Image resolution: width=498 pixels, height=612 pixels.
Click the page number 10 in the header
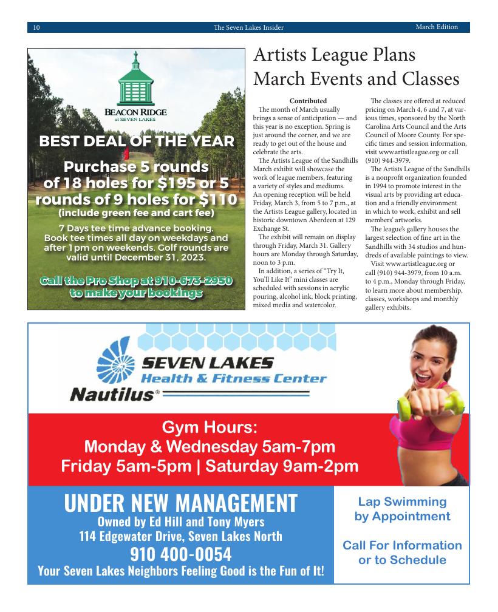pyautogui.click(x=36, y=27)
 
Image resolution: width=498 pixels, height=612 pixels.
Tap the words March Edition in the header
pyautogui.click(x=436, y=27)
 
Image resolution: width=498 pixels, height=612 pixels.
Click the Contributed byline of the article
pyautogui.click(x=308, y=101)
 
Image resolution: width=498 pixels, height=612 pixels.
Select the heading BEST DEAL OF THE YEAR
pyautogui.click(x=136, y=141)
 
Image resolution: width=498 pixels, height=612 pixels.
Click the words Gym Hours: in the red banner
pyautogui.click(x=210, y=427)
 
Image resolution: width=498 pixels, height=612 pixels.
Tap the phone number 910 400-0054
pyautogui.click(x=180, y=554)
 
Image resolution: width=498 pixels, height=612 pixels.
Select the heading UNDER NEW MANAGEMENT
pyautogui.click(x=180, y=503)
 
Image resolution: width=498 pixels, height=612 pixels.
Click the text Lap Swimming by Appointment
pyautogui.click(x=402, y=509)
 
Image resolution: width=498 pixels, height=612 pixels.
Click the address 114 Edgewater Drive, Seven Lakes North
pyautogui.click(x=180, y=536)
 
